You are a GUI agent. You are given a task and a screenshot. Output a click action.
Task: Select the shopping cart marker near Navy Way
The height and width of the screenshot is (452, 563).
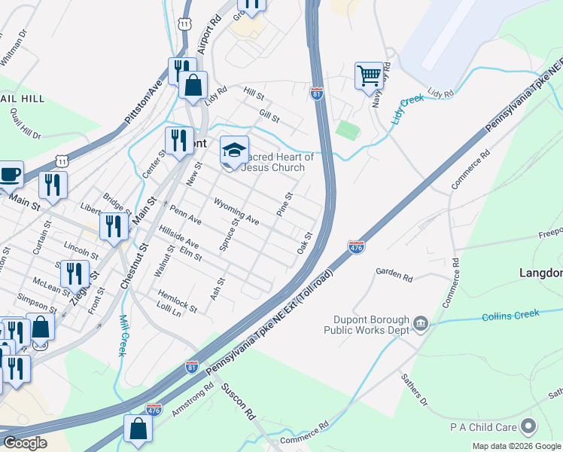(369, 75)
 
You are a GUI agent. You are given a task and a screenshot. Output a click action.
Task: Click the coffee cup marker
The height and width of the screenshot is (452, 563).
(9, 174)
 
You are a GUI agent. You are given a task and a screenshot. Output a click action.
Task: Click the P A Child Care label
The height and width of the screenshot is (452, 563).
(485, 427)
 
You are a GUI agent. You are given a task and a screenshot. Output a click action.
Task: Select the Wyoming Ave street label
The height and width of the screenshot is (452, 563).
(236, 212)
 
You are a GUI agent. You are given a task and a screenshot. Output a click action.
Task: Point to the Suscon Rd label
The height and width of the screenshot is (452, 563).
(239, 404)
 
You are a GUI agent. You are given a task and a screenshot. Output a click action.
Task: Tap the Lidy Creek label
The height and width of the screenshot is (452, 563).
(407, 110)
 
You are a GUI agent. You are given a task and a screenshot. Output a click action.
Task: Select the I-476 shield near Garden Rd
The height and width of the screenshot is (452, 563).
(357, 246)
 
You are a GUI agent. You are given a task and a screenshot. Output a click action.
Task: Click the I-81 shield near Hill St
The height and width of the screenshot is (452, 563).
(316, 93)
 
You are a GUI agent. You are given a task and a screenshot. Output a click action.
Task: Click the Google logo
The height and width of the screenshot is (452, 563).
(24, 443)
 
